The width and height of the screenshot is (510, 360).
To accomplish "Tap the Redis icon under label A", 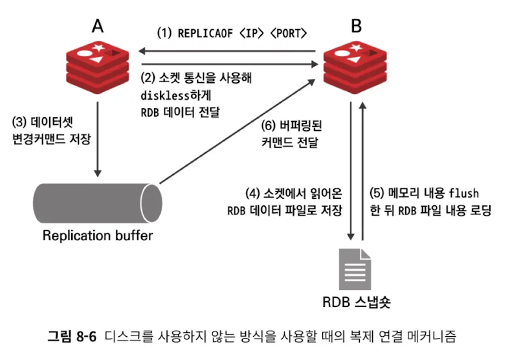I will [x=98, y=63].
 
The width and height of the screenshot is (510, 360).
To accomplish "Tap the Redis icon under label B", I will [x=355, y=63].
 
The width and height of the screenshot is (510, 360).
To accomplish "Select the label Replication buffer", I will [x=98, y=234].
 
